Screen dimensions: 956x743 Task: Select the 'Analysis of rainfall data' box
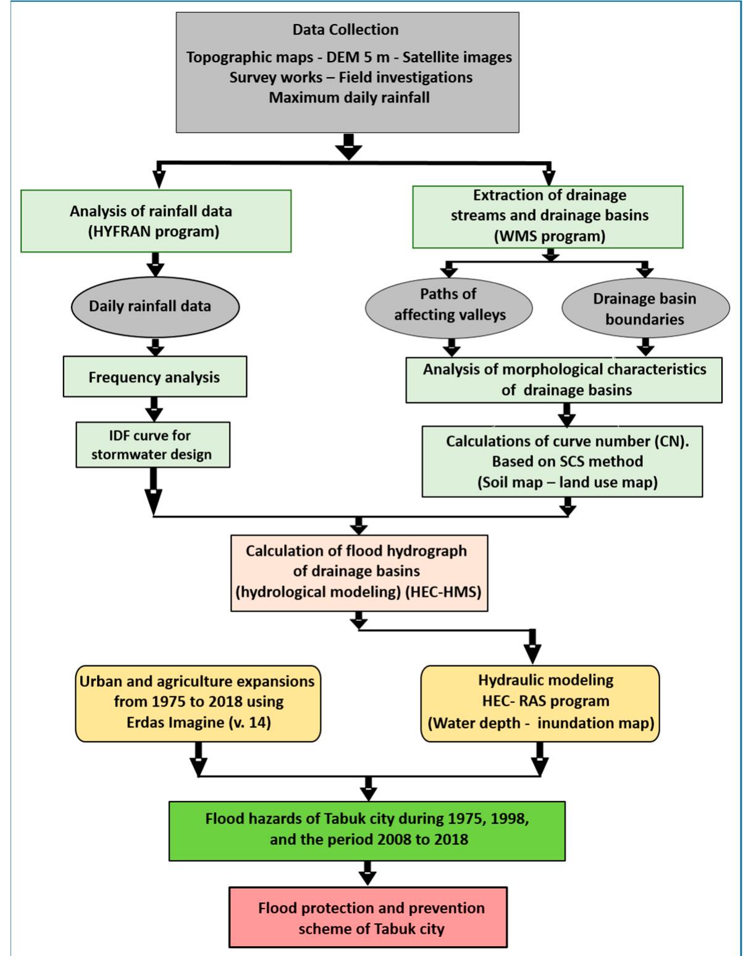pos(156,221)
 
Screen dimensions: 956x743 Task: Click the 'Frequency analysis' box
pos(154,376)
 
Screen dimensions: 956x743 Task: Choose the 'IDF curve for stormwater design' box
pos(152,445)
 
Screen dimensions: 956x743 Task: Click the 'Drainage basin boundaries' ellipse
pos(644,309)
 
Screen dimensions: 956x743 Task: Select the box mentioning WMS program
pos(548,216)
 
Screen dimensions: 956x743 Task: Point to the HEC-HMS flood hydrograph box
pos(358,572)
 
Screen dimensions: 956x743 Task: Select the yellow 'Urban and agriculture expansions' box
pos(198,702)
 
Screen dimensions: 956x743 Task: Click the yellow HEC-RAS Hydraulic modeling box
pos(540,702)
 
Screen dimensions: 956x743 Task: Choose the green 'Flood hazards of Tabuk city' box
pos(367,830)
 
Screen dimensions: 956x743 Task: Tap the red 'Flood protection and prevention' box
pos(368,917)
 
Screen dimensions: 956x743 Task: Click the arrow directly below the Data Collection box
pos(348,147)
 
